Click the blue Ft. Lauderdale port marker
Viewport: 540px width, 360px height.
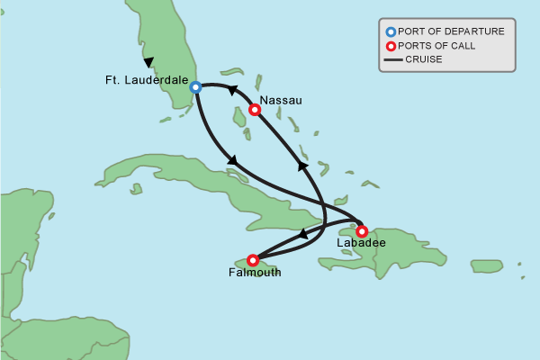click(x=195, y=87)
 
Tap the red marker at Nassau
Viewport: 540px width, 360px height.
click(x=255, y=110)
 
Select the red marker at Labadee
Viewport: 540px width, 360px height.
click(x=362, y=231)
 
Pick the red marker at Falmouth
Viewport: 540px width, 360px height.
click(x=253, y=260)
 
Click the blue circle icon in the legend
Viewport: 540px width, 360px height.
click(x=390, y=31)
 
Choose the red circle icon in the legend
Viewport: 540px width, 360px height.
click(x=390, y=46)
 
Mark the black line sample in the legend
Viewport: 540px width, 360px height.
click(x=391, y=60)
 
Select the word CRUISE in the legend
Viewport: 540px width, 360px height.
click(x=424, y=60)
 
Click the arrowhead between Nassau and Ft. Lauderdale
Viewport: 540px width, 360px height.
click(x=231, y=90)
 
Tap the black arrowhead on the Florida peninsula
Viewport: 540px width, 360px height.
click(x=148, y=62)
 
